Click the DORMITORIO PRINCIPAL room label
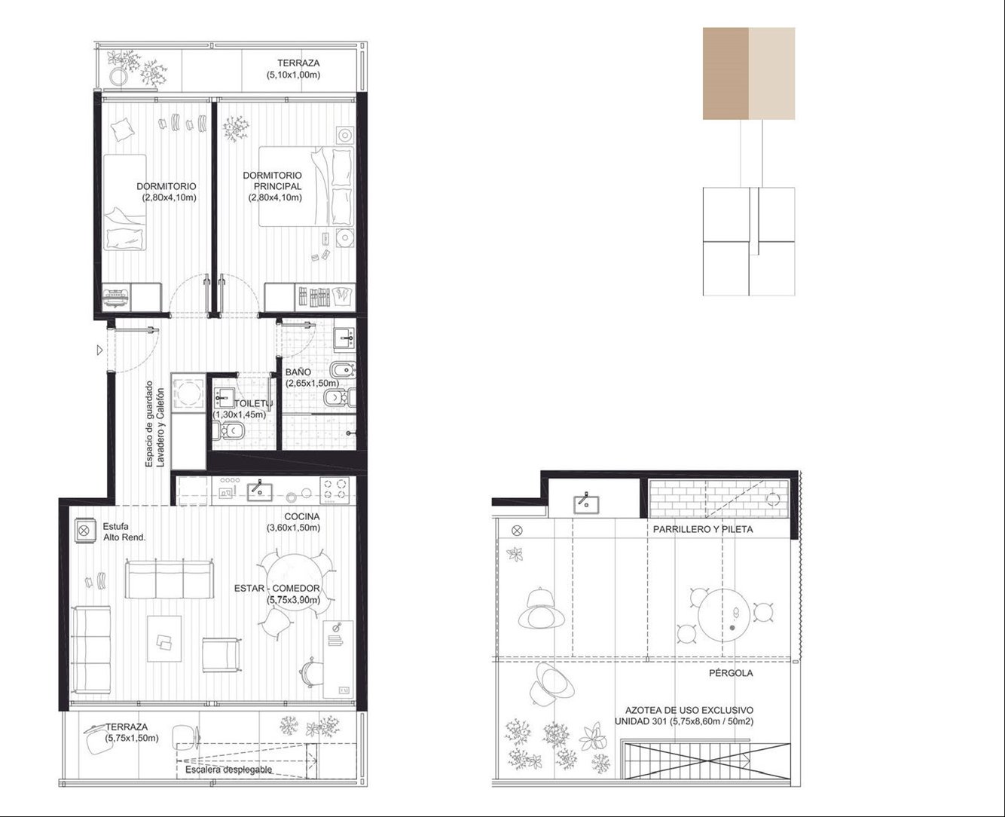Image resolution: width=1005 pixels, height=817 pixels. pyautogui.click(x=272, y=181)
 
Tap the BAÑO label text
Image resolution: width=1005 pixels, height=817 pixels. pyautogui.click(x=298, y=372)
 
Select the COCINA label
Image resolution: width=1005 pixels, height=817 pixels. pyautogui.click(x=302, y=516)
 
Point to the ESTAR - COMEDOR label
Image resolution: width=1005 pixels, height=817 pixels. pyautogui.click(x=277, y=588)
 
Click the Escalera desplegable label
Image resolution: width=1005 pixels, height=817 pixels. pyautogui.click(x=228, y=770)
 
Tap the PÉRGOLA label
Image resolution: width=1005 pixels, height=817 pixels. pyautogui.click(x=731, y=673)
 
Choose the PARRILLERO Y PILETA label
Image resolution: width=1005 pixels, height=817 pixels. pyautogui.click(x=703, y=529)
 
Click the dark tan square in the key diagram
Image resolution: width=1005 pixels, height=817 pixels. pyautogui.click(x=725, y=73)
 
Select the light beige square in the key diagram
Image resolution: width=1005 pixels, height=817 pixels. pyautogui.click(x=772, y=73)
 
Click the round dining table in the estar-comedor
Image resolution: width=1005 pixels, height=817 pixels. pyautogui.click(x=294, y=582)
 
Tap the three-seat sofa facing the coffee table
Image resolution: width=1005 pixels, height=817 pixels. pyautogui.click(x=170, y=579)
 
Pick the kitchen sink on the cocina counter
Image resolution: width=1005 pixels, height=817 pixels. pyautogui.click(x=259, y=491)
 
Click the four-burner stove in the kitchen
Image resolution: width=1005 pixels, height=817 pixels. pyautogui.click(x=334, y=489)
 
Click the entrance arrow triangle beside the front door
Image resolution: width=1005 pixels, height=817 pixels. pyautogui.click(x=99, y=350)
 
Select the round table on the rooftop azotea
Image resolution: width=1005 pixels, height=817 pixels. pyautogui.click(x=724, y=614)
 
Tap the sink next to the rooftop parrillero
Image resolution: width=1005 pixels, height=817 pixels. pyautogui.click(x=586, y=503)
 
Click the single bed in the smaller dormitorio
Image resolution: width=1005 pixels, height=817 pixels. pyautogui.click(x=124, y=203)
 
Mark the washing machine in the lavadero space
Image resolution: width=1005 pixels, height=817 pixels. pyautogui.click(x=188, y=391)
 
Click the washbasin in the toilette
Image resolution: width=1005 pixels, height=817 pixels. pyautogui.click(x=224, y=398)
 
